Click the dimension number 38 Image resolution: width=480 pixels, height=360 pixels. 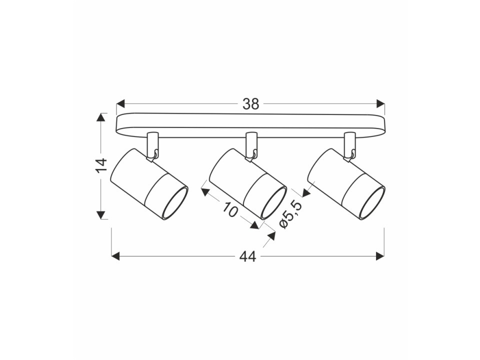tap(250, 104)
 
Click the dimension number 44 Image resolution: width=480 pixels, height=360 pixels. tap(247, 257)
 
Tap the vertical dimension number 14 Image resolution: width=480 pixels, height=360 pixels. tap(101, 165)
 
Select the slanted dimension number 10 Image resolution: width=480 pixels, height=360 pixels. tap(230, 209)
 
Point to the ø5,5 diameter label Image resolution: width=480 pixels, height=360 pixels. tap(291, 215)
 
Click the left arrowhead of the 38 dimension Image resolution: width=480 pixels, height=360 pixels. tap(121, 103)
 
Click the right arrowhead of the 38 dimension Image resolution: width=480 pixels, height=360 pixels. tap(380, 103)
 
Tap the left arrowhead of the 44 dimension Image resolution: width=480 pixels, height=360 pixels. tap(115, 256)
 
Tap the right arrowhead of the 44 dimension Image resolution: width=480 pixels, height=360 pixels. tap(380, 256)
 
